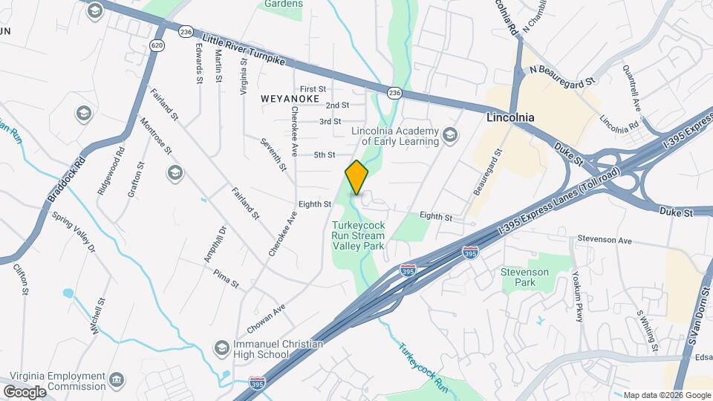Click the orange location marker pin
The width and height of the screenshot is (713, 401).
pyautogui.click(x=357, y=177)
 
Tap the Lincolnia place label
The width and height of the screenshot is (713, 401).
pyautogui.click(x=510, y=118)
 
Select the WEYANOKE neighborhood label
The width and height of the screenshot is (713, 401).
pyautogui.click(x=290, y=98)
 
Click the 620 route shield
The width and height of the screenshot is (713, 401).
pyautogui.click(x=157, y=45)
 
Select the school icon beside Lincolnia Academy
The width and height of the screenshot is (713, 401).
pyautogui.click(x=449, y=135)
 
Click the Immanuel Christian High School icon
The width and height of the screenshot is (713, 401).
pyautogui.click(x=221, y=348)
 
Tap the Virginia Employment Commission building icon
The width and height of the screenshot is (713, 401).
pyautogui.click(x=117, y=381)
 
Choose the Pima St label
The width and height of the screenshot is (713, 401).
pyautogui.click(x=226, y=279)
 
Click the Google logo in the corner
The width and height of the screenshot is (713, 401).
pyautogui.click(x=24, y=391)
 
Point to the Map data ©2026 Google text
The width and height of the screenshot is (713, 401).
pyautogui.click(x=666, y=395)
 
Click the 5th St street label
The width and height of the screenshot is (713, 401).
pyautogui.click(x=325, y=155)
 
